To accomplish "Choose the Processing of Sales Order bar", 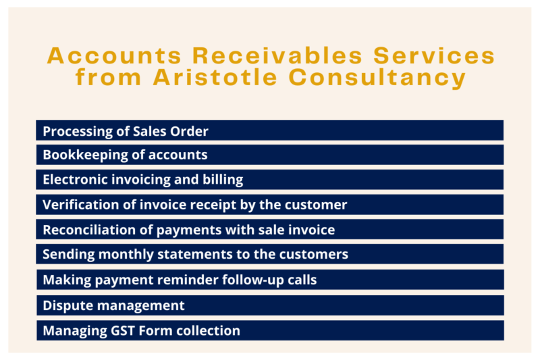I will [x=269, y=130].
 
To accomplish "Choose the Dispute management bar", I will [x=269, y=305].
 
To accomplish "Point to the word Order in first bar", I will [x=190, y=130].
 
